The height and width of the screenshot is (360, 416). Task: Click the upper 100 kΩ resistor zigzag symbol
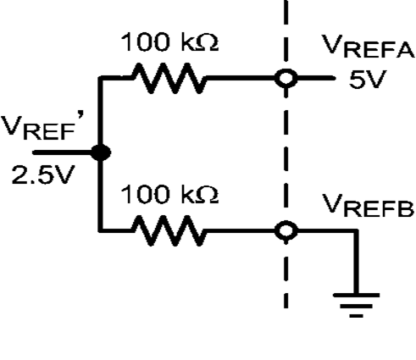coord(168,80)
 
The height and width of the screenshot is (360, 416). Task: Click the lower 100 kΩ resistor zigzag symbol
coord(168,230)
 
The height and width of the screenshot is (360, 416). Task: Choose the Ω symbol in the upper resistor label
coord(209,44)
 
